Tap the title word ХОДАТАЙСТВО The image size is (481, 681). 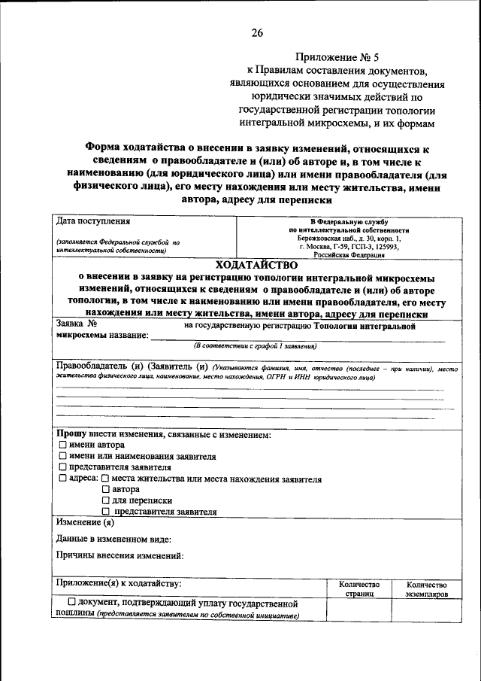[256, 265]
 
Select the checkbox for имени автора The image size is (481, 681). [63, 445]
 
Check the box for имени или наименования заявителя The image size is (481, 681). [63, 457]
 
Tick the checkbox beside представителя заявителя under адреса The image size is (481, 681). [106, 512]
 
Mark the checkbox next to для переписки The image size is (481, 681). [106, 500]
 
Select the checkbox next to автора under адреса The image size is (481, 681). [106, 489]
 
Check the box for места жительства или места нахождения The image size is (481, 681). [105, 479]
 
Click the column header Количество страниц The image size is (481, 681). [358, 589]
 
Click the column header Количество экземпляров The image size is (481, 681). [426, 589]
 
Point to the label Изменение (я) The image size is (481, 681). [84, 523]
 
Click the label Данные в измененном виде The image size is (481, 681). [113, 540]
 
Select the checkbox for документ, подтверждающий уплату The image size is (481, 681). [71, 603]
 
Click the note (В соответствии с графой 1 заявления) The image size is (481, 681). [255, 345]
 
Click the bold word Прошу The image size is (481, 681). [71, 434]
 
